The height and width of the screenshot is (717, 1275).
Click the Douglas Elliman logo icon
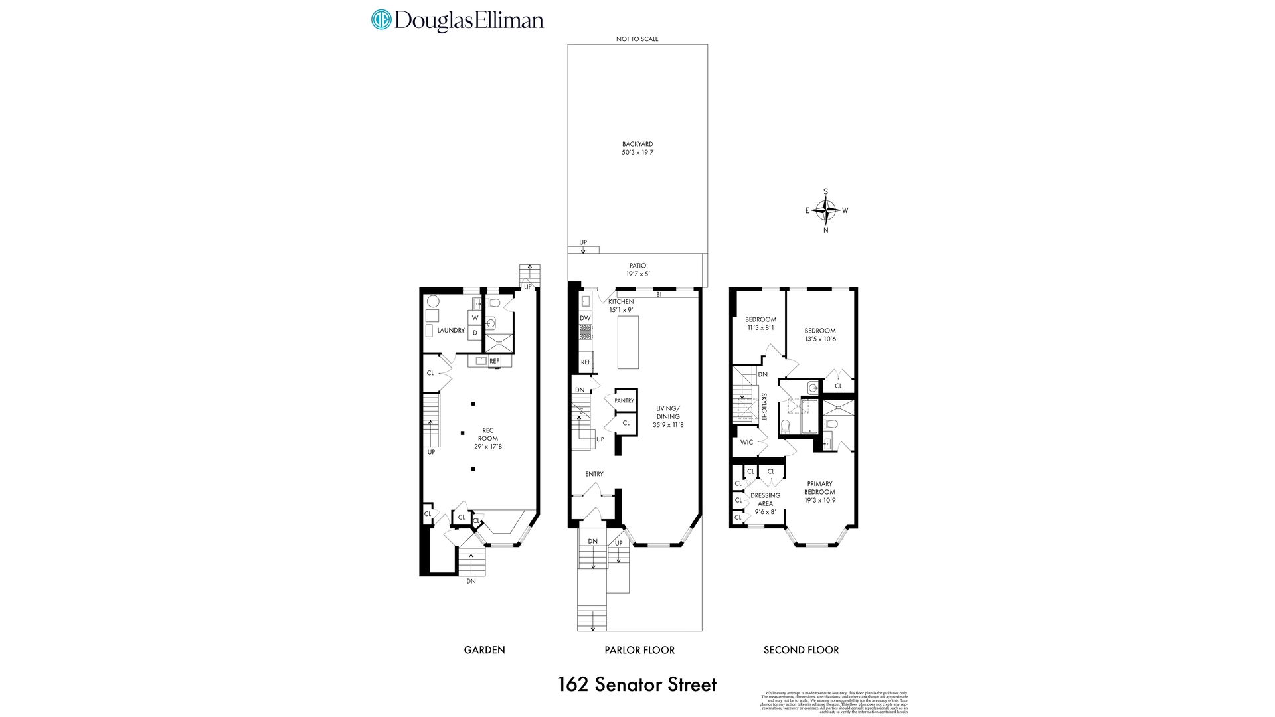tap(381, 19)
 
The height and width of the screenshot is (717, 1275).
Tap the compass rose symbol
tap(826, 211)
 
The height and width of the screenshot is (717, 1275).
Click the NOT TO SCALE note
tap(637, 39)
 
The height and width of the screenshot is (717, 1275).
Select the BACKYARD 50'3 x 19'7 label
tap(637, 148)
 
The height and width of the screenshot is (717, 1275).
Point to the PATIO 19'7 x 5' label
tap(637, 270)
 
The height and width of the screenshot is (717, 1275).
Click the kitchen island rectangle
tap(628, 342)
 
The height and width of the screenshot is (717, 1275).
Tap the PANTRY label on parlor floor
tap(624, 400)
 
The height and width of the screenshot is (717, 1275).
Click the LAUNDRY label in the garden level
tap(451, 330)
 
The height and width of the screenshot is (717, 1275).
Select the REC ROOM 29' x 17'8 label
tap(488, 438)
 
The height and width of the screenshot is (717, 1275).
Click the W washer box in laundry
tap(475, 318)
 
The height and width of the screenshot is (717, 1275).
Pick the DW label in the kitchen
tap(585, 318)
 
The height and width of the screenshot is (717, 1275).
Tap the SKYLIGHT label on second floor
tap(764, 406)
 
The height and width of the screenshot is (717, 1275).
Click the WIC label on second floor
tap(746, 442)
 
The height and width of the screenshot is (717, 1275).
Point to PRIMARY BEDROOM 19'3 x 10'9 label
tap(819, 492)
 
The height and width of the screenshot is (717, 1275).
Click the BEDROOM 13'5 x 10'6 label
tap(820, 335)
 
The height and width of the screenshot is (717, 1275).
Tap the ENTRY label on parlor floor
tap(594, 474)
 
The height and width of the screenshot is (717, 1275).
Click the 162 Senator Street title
tap(637, 684)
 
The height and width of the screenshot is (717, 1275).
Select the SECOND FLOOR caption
tap(801, 650)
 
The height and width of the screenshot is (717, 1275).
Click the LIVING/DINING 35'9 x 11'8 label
tap(668, 416)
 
